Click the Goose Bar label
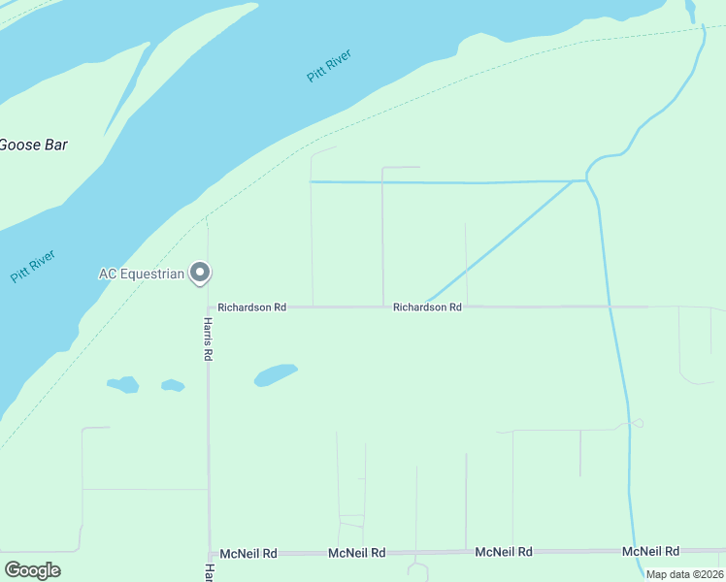[x=33, y=145]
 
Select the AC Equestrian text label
[x=141, y=275]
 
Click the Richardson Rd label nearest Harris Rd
[x=251, y=307]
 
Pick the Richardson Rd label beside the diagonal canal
[x=427, y=307]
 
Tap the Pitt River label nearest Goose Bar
[x=33, y=267]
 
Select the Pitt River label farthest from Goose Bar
[x=329, y=65]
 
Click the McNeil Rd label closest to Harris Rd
[x=248, y=553]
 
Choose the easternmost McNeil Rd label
[x=649, y=551]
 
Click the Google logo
[x=33, y=570]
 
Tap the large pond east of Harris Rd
[x=275, y=374]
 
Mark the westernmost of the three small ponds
[x=124, y=384]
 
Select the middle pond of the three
[x=173, y=385]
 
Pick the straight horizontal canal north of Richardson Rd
[x=446, y=181]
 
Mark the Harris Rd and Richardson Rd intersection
[x=208, y=307]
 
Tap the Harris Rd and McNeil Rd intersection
[x=208, y=553]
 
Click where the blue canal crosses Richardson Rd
[x=610, y=307]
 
